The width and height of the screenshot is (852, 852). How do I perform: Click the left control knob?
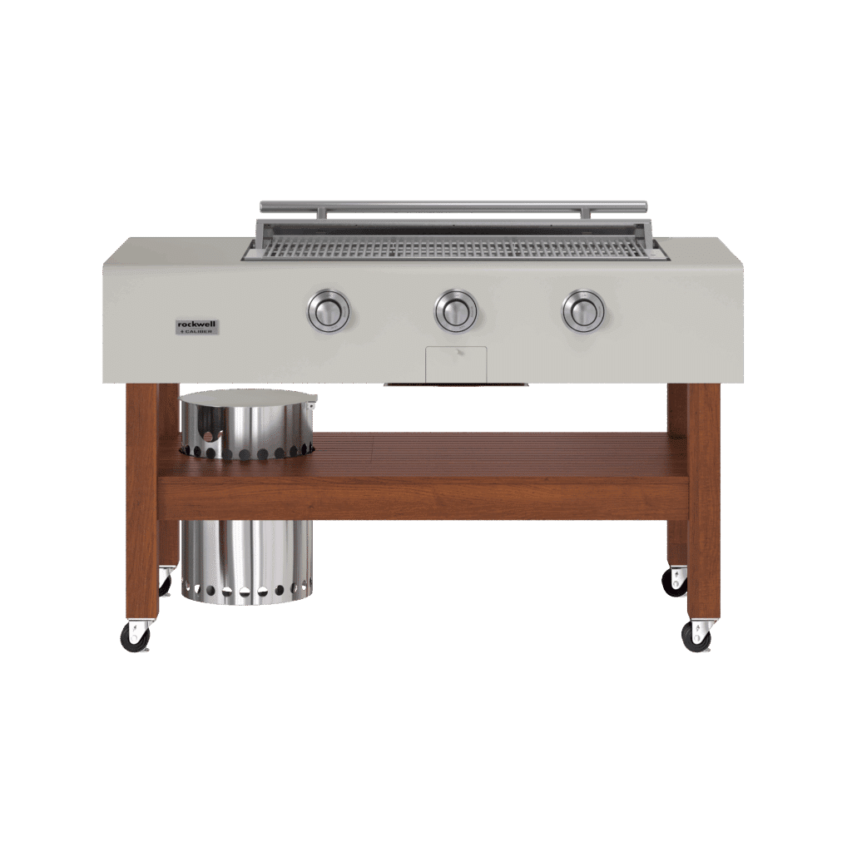click(328, 311)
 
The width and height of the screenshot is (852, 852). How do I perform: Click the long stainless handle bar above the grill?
click(453, 206)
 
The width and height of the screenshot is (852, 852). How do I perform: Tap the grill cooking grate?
click(453, 246)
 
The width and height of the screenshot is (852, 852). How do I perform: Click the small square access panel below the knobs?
click(455, 364)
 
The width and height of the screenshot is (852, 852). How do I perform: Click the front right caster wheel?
click(696, 637)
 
